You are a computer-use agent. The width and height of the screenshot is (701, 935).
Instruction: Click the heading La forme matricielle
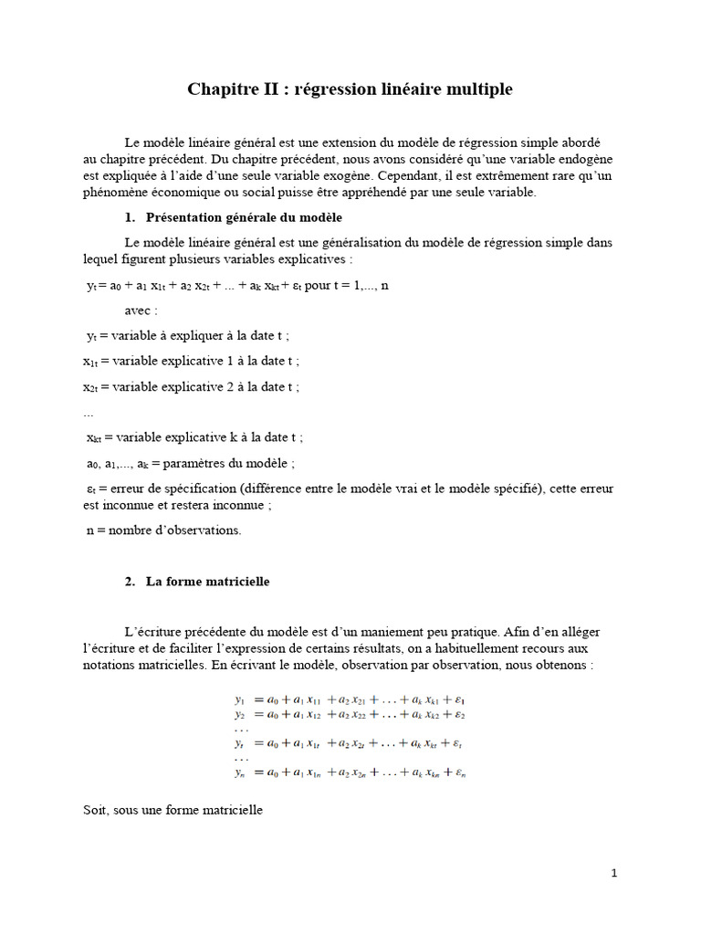(207, 582)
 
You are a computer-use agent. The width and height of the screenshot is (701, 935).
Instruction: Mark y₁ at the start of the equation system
(240, 699)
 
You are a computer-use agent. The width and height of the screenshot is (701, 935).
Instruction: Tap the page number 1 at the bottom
(614, 873)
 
